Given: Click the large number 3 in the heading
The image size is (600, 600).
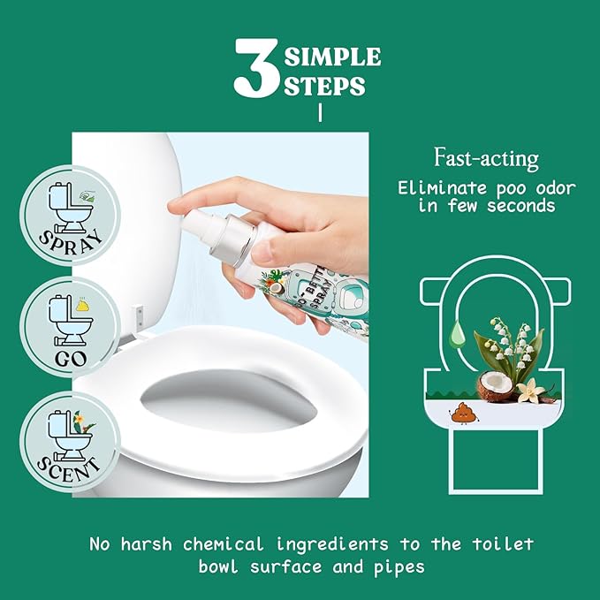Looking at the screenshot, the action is pyautogui.click(x=257, y=67).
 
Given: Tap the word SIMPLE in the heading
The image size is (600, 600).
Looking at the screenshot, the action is pyautogui.click(x=332, y=57).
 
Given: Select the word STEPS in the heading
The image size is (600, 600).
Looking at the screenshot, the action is pyautogui.click(x=324, y=86).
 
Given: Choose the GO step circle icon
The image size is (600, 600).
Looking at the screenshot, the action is pyautogui.click(x=70, y=327).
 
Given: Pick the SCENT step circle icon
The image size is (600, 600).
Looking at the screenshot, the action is pyautogui.click(x=70, y=442).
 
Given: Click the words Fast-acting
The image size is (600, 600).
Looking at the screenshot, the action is pyautogui.click(x=486, y=158).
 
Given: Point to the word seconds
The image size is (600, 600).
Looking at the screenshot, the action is pyautogui.click(x=520, y=206).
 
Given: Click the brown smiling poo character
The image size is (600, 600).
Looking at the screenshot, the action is pyautogui.click(x=460, y=414).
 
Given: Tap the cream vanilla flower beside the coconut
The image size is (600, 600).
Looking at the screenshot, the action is pyautogui.click(x=531, y=391).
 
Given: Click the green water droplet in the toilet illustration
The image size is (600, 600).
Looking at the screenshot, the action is pyautogui.click(x=458, y=333).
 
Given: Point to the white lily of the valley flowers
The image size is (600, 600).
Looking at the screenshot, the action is pyautogui.click(x=510, y=344).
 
